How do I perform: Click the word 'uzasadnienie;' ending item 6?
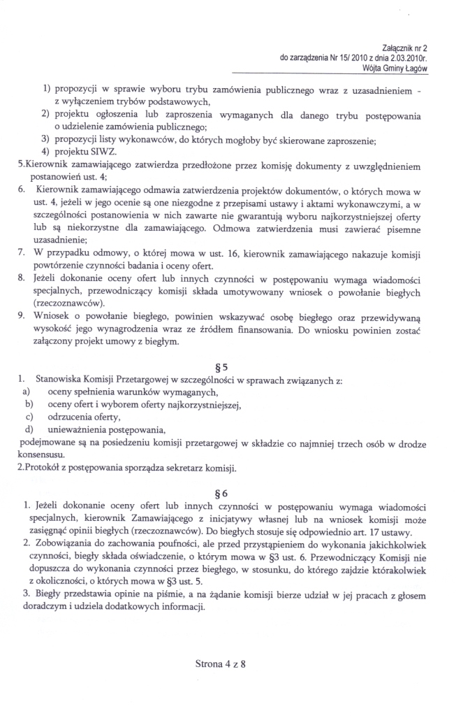click(x=57, y=239)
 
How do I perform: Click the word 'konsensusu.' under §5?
click(x=41, y=455)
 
